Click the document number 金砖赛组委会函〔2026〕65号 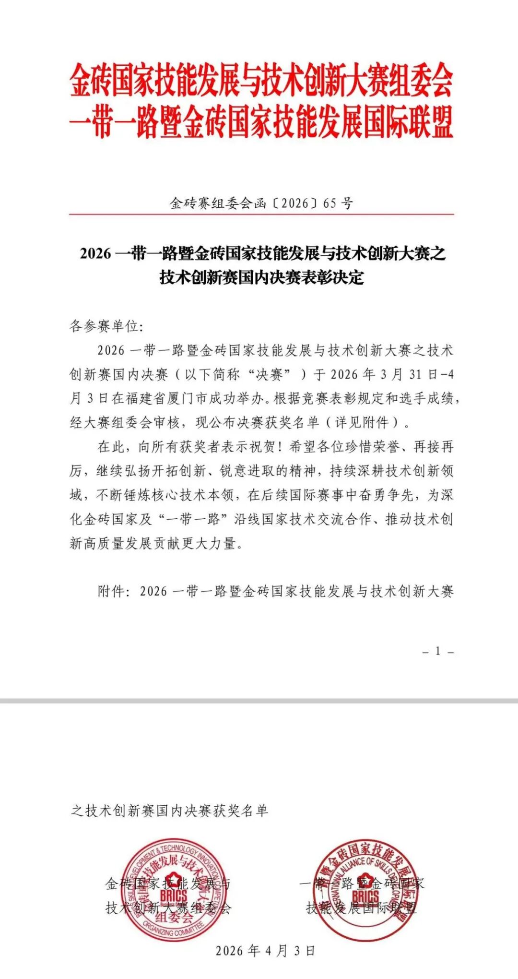[261, 203]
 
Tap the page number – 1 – [438, 651]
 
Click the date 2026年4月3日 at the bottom [265, 951]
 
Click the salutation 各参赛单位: [106, 326]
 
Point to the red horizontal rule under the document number [261, 214]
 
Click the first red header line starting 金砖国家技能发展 [261, 81]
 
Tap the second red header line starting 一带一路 [261, 123]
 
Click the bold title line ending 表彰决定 [261, 277]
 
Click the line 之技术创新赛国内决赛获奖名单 [169, 811]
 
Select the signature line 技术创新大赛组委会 [168, 908]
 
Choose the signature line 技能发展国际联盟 [362, 908]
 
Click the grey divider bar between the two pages [259, 701]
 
